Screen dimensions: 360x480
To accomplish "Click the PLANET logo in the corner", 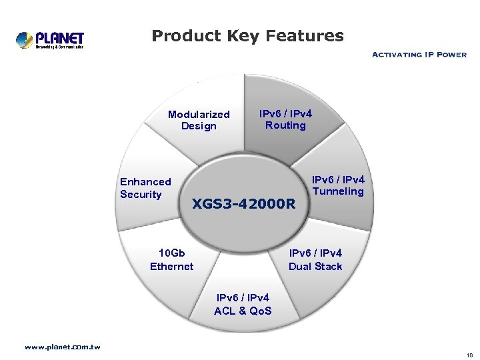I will (50, 40).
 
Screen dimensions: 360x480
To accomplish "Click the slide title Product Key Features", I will (247, 36).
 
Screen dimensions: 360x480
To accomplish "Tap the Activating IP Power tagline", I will (419, 55).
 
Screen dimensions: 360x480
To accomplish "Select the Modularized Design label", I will (199, 120).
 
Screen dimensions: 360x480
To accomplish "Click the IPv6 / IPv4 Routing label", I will (285, 119).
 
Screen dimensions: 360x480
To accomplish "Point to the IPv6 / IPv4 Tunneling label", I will (338, 185).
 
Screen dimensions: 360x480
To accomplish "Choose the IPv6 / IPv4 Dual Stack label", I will (315, 259).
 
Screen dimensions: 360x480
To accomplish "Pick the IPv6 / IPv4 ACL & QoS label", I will (243, 304).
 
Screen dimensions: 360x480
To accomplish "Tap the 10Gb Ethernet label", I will (171, 259).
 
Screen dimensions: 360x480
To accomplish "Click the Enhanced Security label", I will (145, 188).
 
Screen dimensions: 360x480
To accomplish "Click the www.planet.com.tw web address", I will (63, 347).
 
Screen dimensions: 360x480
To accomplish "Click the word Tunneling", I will (338, 192).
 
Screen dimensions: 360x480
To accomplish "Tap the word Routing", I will (285, 125).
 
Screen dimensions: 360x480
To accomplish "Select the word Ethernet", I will (171, 267).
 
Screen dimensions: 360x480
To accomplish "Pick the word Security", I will (141, 195).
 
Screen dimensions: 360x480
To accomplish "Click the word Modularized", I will (199, 115).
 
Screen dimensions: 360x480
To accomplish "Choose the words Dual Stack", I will (315, 267).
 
